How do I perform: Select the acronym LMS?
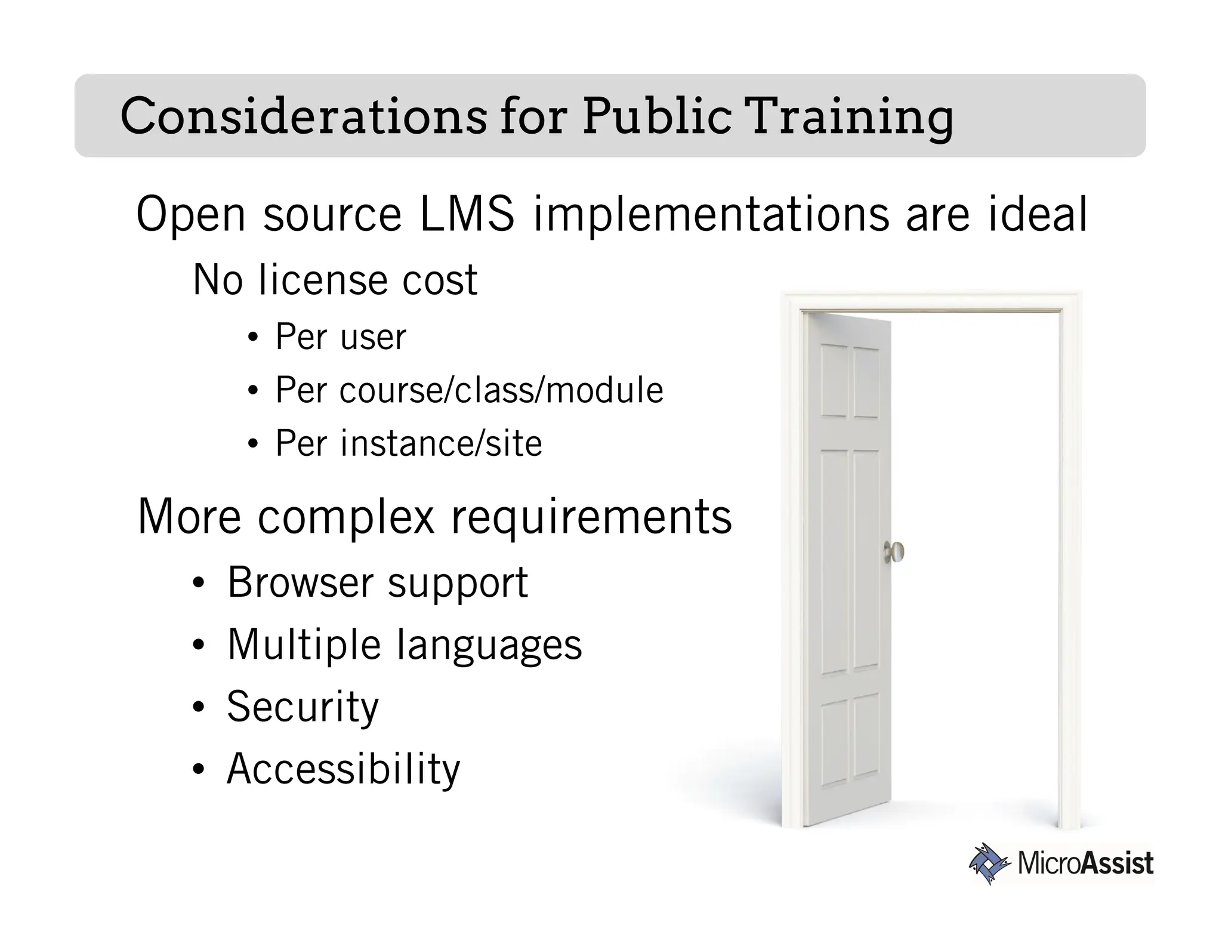click(467, 214)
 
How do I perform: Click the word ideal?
click(1038, 214)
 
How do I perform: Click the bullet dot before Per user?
click(253, 338)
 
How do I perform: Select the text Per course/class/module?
click(469, 390)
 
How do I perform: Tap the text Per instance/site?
click(408, 443)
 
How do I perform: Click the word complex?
click(346, 516)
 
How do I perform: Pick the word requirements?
click(591, 516)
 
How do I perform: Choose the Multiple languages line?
click(404, 644)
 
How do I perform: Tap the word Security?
click(303, 707)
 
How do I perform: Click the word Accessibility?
click(343, 769)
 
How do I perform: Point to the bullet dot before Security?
click(199, 708)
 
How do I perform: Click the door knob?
click(893, 552)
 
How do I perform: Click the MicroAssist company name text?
click(1085, 863)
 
